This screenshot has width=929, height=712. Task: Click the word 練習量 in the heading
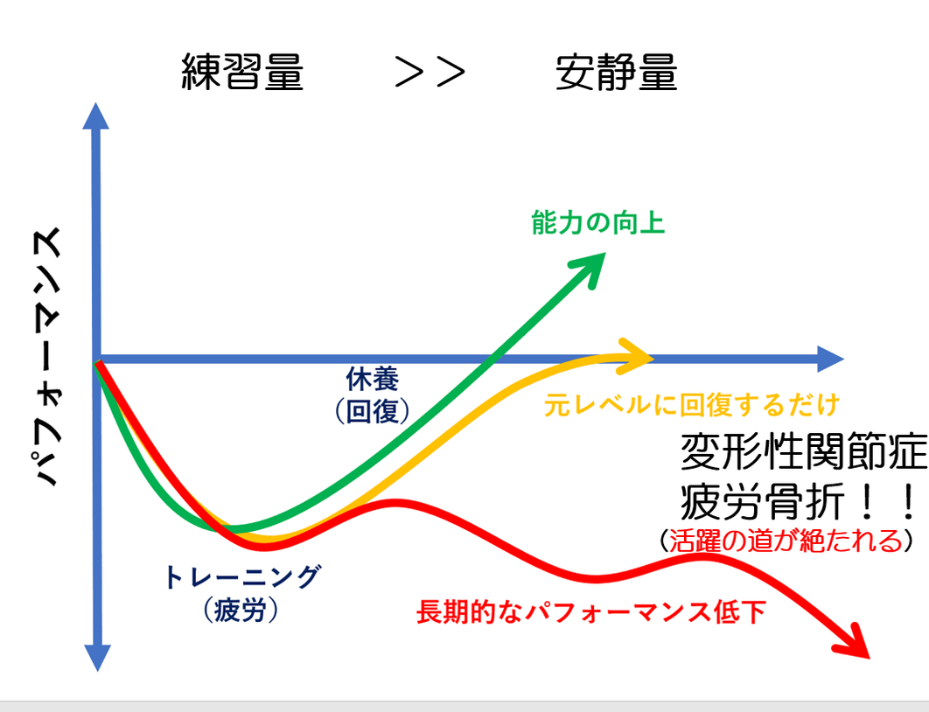(x=242, y=72)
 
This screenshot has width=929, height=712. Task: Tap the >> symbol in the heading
(x=430, y=73)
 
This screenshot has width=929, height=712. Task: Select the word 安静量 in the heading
(x=616, y=72)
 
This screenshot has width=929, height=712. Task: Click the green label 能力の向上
(x=598, y=223)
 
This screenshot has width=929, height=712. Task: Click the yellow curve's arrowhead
(x=634, y=356)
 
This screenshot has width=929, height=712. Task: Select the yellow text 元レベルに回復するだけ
(x=692, y=405)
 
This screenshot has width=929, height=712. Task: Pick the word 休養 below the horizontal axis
(x=372, y=379)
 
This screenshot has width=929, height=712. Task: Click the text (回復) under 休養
(x=372, y=411)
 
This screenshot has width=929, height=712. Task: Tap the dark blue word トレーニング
(x=242, y=577)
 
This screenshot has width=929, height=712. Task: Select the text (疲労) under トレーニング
(x=241, y=610)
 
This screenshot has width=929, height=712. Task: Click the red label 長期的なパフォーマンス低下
(x=591, y=612)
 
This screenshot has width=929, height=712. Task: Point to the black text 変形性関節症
(x=804, y=451)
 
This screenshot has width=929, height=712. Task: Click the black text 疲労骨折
(x=762, y=502)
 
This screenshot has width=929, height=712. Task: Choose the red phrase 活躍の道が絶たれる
(x=785, y=541)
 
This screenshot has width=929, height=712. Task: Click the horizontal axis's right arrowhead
(x=830, y=359)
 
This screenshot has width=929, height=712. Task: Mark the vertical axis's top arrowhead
(x=96, y=115)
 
